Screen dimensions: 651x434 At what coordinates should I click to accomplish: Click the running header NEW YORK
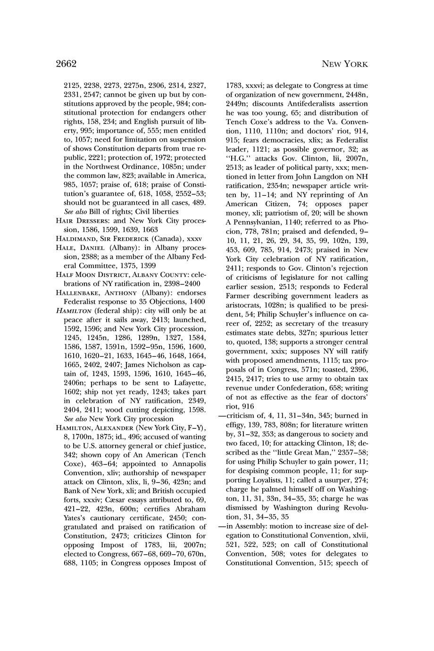click(x=344, y=64)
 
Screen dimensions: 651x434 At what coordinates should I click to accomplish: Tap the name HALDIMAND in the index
click(x=80, y=239)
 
